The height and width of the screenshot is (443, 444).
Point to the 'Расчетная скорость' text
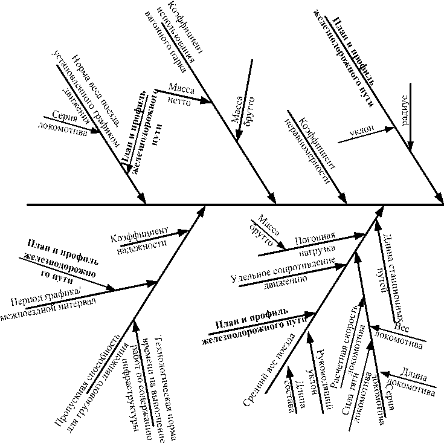[x=347, y=347]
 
